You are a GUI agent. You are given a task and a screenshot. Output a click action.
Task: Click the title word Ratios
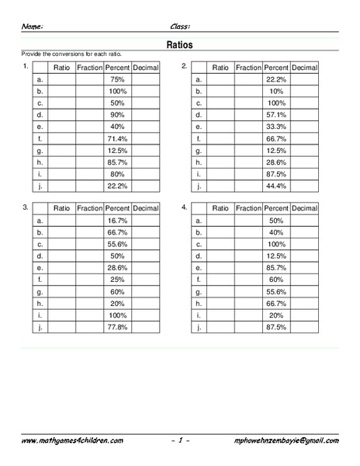[x=179, y=45]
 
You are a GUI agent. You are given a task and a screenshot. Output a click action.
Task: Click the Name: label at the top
[x=32, y=26]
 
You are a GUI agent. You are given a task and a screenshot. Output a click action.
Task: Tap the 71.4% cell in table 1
[x=117, y=138]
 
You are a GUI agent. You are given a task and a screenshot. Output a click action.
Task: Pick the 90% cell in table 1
[x=117, y=114]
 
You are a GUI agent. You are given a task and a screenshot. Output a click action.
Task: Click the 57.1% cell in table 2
[x=276, y=114]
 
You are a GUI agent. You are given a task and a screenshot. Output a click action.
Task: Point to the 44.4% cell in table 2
[x=276, y=186]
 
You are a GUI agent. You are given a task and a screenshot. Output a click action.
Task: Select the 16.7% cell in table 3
[x=117, y=221]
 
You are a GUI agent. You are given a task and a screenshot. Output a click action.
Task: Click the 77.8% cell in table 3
[x=117, y=329]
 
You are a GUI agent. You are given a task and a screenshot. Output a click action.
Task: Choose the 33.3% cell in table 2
[x=276, y=127]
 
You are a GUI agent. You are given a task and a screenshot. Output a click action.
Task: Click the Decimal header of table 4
[x=305, y=208]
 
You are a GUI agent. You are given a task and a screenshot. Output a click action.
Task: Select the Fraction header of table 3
[x=89, y=208]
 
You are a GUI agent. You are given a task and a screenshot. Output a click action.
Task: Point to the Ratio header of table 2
[x=220, y=67]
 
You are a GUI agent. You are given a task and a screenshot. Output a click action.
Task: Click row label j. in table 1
[x=40, y=186]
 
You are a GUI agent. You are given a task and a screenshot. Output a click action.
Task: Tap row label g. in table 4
[x=199, y=293]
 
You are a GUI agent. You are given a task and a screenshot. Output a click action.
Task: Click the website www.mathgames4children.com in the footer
[x=72, y=440]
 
